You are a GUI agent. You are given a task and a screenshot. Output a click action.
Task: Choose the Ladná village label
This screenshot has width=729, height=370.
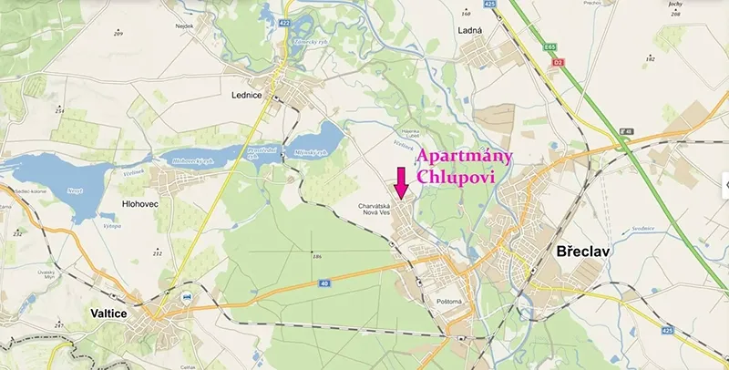click(x=468, y=31)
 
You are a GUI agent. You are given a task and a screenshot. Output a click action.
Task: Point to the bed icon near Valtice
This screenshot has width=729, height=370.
click(x=187, y=297)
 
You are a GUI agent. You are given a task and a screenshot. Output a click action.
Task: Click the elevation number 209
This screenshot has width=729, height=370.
click(x=118, y=32)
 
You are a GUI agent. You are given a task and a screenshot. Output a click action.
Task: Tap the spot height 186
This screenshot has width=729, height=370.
click(x=317, y=257)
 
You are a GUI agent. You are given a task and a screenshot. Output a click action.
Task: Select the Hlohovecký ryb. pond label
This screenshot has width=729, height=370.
click(x=192, y=160)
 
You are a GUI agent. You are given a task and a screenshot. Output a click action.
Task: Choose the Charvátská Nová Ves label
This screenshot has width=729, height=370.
click(x=374, y=211)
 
